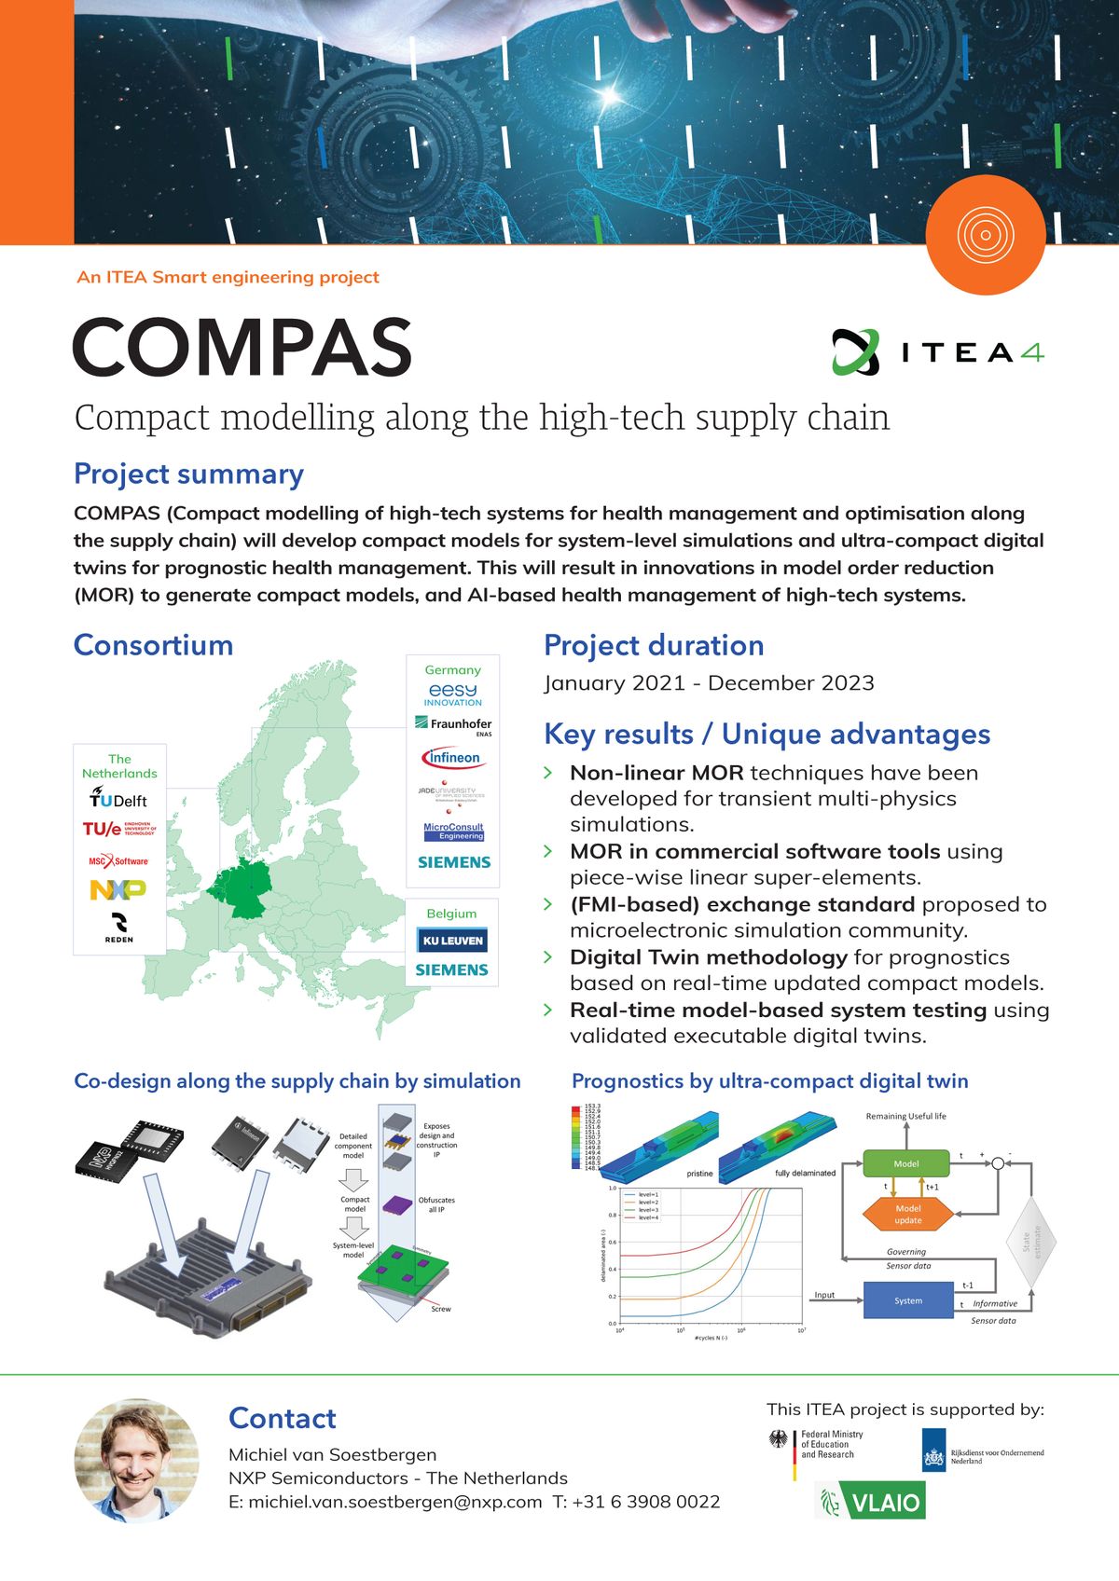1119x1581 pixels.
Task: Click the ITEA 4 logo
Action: point(938,351)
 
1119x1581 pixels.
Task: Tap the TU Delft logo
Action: point(118,799)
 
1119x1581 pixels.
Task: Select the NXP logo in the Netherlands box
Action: point(118,890)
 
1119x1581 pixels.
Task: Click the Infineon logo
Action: point(453,758)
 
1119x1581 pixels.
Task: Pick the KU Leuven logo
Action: point(452,941)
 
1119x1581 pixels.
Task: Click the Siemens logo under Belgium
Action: point(452,970)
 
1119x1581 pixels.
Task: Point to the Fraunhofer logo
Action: point(453,724)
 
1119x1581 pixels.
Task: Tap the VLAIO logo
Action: point(872,1502)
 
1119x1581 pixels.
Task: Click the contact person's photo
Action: point(136,1460)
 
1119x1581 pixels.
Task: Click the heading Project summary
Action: point(188,474)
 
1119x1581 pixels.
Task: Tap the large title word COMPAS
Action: point(242,348)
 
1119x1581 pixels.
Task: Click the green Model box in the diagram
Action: point(905,1163)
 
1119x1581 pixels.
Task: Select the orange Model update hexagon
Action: point(907,1214)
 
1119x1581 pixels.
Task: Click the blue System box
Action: point(907,1300)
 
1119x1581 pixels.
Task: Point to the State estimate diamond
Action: point(1031,1242)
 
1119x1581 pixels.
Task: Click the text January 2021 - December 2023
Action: point(709,683)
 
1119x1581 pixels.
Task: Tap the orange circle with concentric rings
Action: point(986,235)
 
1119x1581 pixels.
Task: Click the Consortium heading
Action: point(154,645)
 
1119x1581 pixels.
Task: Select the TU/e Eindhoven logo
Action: point(118,829)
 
